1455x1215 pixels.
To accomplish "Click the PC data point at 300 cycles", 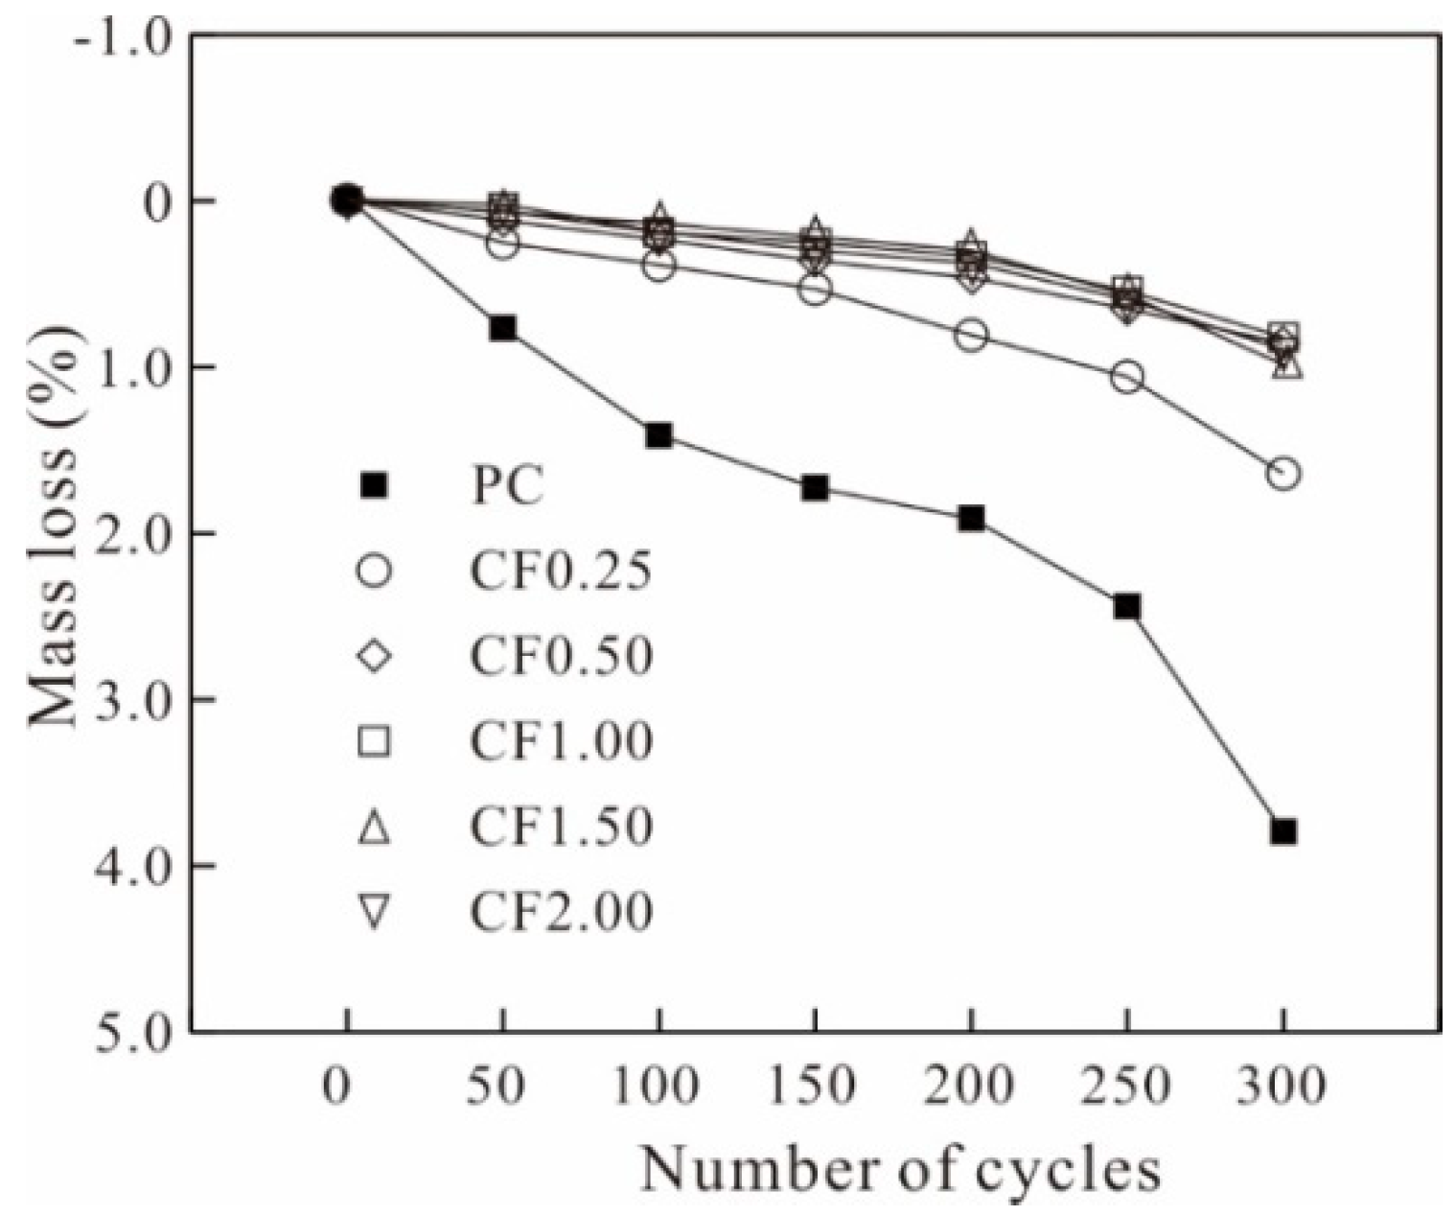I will pyautogui.click(x=1283, y=830).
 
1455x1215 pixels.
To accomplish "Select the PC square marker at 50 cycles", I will pyautogui.click(x=502, y=328).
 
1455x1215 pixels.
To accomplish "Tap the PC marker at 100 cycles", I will pyautogui.click(x=658, y=435).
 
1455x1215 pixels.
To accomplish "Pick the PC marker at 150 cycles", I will pyautogui.click(x=815, y=488).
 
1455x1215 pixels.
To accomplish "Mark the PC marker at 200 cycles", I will pyautogui.click(x=971, y=519).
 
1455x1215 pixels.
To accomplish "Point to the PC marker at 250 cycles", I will pyautogui.click(x=1127, y=606).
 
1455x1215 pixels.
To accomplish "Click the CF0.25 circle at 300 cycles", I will pyautogui.click(x=1283, y=473).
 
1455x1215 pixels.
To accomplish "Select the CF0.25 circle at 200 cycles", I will pyautogui.click(x=971, y=335).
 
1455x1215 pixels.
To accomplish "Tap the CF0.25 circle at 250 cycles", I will pyautogui.click(x=1127, y=377).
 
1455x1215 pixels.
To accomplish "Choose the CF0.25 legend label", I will pyautogui.click(x=561, y=572).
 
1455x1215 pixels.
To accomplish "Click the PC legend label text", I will pyautogui.click(x=507, y=486).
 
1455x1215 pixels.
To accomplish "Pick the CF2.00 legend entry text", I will pyautogui.click(x=561, y=911).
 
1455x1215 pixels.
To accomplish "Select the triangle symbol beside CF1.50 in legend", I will pyautogui.click(x=373, y=828).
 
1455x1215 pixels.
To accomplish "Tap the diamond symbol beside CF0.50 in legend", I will pyautogui.click(x=373, y=657).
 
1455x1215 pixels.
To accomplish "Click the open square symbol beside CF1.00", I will pyautogui.click(x=373, y=741).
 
